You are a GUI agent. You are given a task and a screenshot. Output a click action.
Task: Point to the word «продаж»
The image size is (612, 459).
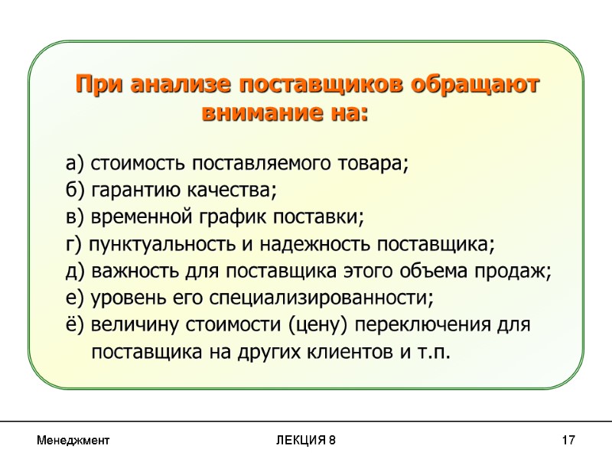tap(522, 271)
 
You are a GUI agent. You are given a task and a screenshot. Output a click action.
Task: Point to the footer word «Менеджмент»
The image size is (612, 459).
tap(73, 441)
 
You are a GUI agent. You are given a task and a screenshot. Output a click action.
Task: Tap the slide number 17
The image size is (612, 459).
tap(568, 441)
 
